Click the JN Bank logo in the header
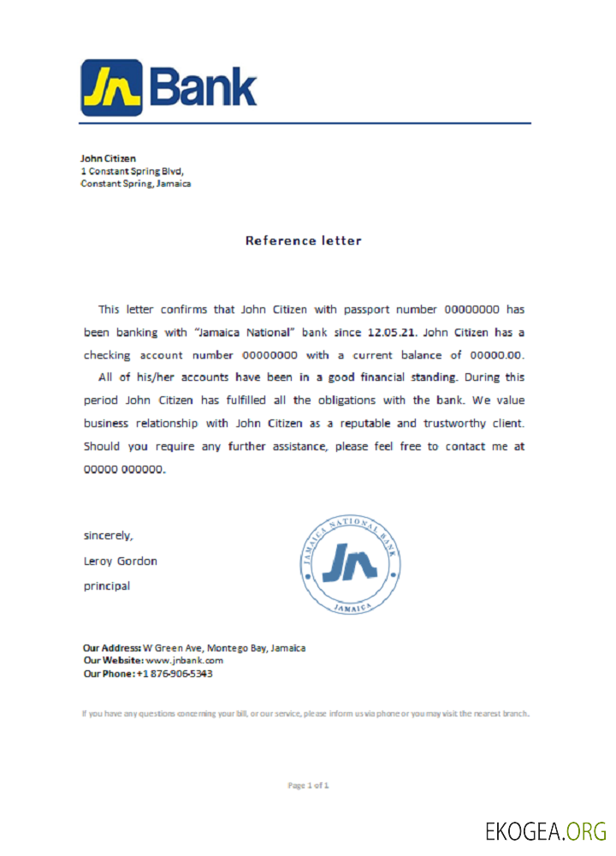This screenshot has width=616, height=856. [x=169, y=87]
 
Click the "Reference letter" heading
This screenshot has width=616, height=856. [x=303, y=241]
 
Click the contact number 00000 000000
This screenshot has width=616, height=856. [x=123, y=469]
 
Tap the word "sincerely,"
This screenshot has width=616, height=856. [x=108, y=536]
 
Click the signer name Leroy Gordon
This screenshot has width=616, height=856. [x=120, y=562]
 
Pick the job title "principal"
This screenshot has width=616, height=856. [x=106, y=586]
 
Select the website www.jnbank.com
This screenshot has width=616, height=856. [x=184, y=661]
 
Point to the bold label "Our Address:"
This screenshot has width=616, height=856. [x=111, y=648]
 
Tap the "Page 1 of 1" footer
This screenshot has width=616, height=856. [x=308, y=785]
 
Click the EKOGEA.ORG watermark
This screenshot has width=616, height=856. [x=546, y=831]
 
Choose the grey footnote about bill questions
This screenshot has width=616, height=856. [x=306, y=713]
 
